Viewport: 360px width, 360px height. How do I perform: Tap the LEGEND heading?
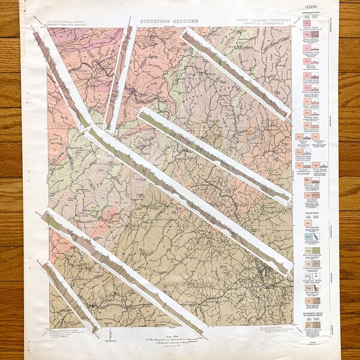coord(311,7)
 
